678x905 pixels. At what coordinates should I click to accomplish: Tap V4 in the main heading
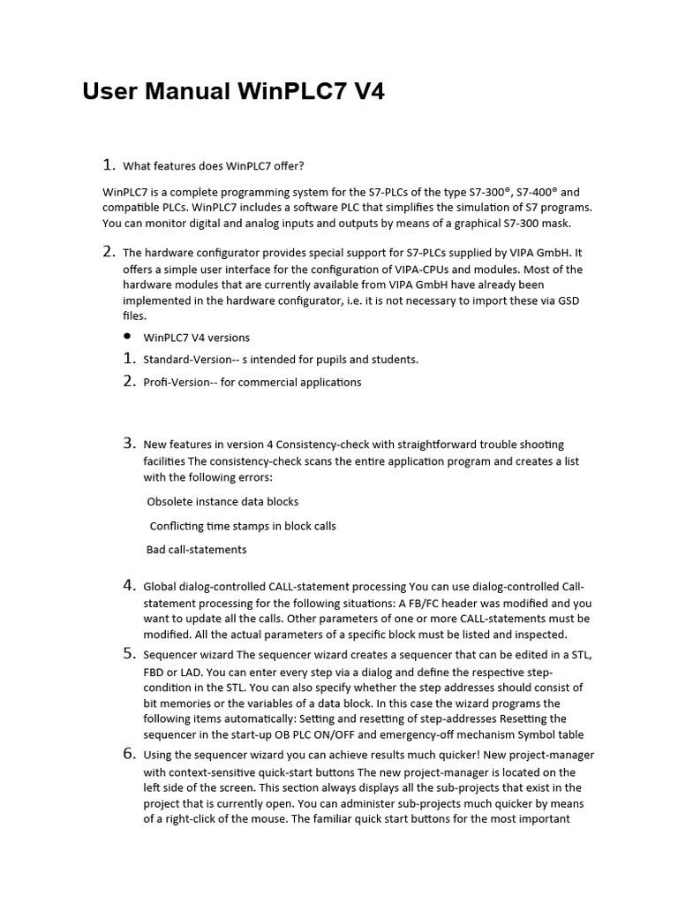click(x=365, y=91)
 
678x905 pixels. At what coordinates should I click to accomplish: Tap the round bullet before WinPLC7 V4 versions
click(x=127, y=337)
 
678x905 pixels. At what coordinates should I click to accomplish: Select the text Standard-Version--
click(x=185, y=359)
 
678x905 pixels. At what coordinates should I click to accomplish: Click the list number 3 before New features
click(x=129, y=444)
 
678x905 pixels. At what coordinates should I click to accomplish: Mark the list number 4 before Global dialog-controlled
click(x=129, y=585)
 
